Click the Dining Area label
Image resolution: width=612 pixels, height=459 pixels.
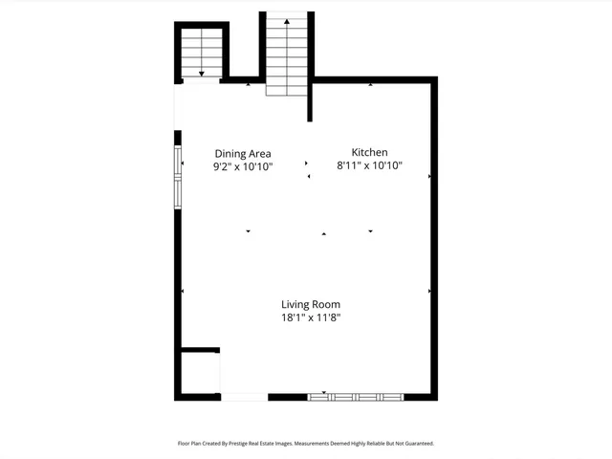pos(243,153)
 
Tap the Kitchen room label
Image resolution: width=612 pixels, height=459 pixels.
pos(369,153)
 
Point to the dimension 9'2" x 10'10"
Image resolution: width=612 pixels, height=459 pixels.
pos(243,166)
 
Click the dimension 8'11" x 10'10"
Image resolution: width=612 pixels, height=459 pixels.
pos(369,166)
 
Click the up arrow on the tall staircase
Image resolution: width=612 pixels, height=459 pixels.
pos(286,21)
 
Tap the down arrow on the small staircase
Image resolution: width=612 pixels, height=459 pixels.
pos(201,73)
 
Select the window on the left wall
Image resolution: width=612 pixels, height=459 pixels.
pos(177,177)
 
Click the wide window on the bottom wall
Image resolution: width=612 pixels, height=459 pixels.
pos(356,395)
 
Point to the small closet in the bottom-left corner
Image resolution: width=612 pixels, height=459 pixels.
pos(199,371)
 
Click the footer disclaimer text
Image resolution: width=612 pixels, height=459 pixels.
pos(306,444)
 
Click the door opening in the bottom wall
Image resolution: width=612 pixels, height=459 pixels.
pos(244,396)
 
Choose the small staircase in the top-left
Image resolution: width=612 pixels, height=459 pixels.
pos(201,53)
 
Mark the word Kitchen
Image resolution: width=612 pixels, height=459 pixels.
pos(369,153)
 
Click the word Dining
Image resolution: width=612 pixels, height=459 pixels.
pos(229,153)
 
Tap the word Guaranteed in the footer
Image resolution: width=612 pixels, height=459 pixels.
pos(414,444)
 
